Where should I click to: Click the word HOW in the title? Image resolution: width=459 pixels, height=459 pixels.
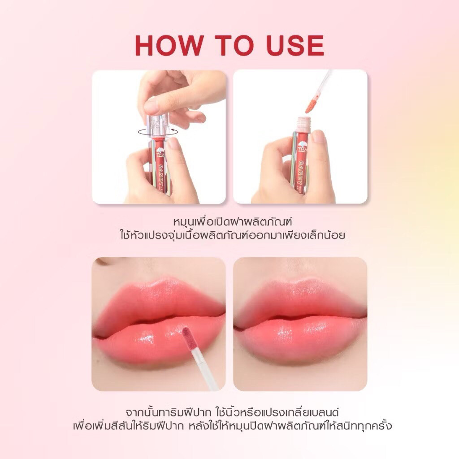(169, 46)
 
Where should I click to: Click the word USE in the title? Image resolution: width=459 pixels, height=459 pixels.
(295, 46)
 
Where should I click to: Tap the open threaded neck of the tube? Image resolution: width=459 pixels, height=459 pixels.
(303, 123)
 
